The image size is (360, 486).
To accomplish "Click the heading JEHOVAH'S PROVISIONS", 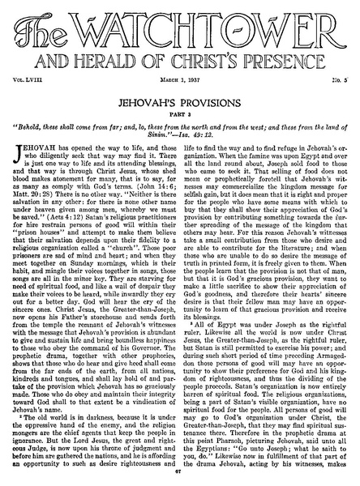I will coord(179,104).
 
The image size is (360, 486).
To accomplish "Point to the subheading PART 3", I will coord(179,116).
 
